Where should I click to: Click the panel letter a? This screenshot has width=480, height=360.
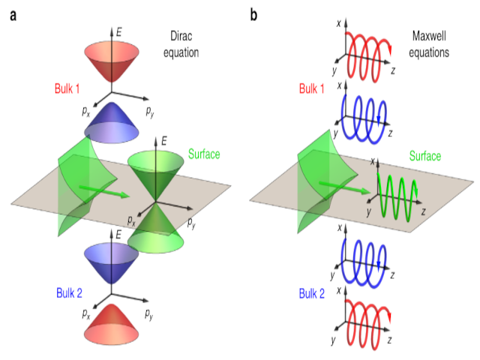click(x=13, y=14)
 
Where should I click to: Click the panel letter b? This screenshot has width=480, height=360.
click(x=253, y=14)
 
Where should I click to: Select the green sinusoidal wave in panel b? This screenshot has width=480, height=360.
click(x=397, y=195)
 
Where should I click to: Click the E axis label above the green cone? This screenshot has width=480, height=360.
click(x=166, y=140)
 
